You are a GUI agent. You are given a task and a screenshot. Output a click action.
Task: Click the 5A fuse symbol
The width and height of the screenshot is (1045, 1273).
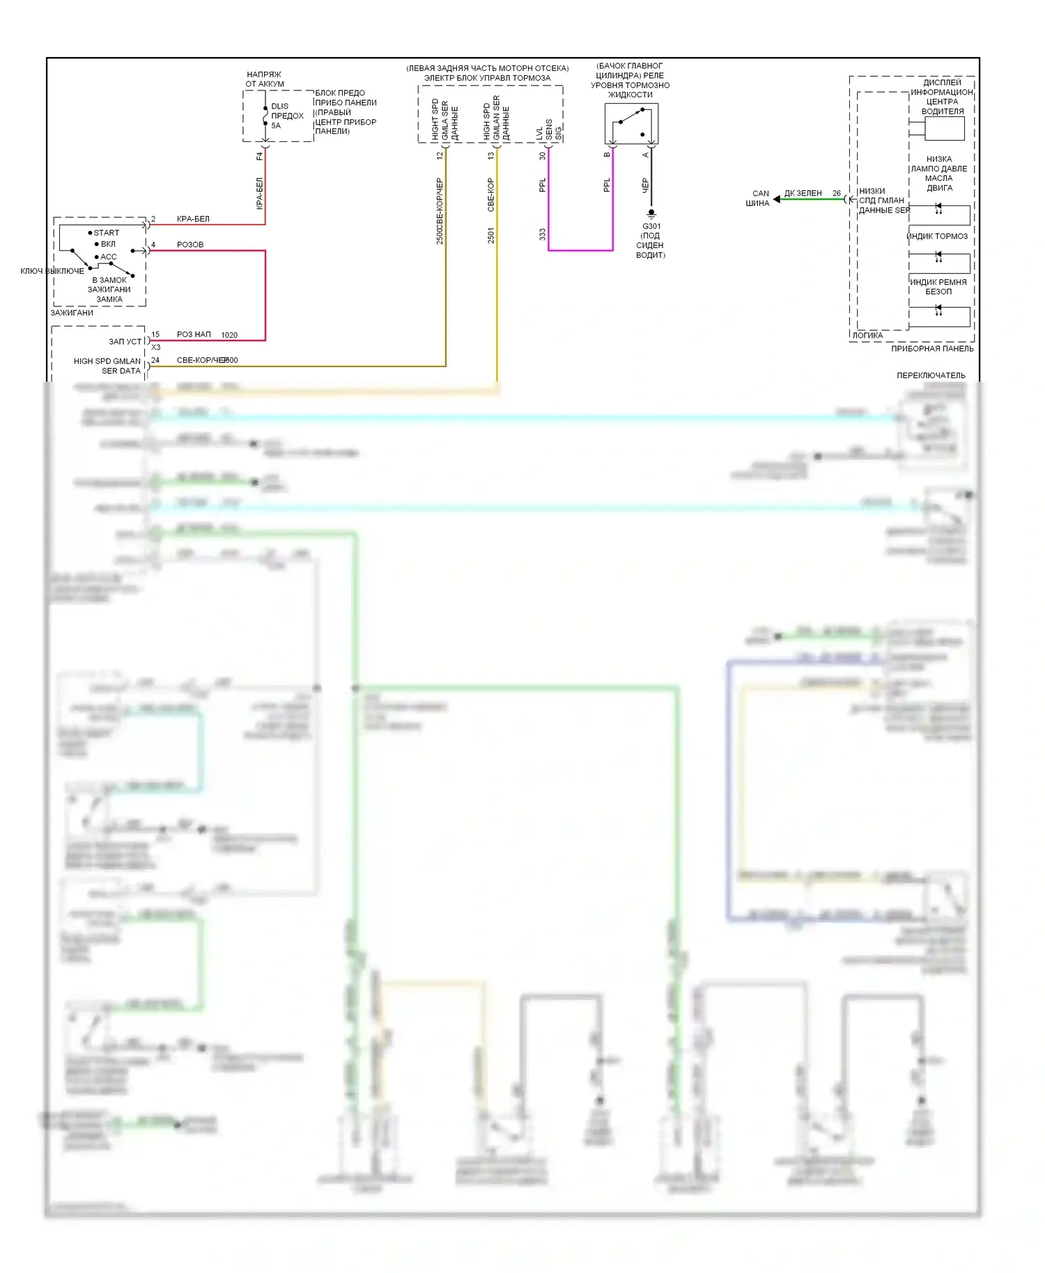click(265, 116)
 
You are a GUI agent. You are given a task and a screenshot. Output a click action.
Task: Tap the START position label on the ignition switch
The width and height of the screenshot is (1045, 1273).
click(106, 233)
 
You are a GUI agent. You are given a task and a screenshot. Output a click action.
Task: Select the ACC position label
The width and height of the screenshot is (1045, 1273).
click(109, 257)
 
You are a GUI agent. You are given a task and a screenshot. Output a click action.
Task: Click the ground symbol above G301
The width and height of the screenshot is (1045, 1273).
click(651, 213)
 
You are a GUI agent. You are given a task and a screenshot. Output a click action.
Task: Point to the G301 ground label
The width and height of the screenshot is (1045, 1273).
click(651, 226)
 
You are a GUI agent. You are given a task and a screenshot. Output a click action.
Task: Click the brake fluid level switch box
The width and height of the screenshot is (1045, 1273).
click(631, 124)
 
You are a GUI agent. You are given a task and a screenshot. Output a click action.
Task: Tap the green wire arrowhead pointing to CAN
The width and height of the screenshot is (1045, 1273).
click(777, 199)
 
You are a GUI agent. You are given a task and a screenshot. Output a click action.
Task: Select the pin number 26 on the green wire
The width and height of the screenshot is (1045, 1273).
click(836, 194)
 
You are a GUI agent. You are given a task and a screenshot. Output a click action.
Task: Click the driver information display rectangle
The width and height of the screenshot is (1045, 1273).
click(944, 128)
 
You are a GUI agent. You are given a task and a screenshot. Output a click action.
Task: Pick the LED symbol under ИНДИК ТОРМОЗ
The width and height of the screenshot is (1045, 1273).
click(938, 258)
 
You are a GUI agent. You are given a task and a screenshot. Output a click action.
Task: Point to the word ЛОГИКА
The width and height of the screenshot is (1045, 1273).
click(867, 335)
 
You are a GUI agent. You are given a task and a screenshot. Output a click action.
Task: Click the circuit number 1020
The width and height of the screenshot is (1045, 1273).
click(229, 335)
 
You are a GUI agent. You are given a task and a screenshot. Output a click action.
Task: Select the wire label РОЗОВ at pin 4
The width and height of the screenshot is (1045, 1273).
click(190, 244)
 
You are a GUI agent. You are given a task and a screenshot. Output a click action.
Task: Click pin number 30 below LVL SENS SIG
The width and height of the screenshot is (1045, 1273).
click(543, 156)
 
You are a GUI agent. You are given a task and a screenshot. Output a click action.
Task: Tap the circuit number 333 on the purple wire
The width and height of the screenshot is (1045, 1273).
click(543, 235)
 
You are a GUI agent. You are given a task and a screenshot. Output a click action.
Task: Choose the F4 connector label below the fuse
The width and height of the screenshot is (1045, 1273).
click(259, 156)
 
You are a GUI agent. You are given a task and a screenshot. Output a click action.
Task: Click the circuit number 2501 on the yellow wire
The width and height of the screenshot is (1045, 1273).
click(491, 235)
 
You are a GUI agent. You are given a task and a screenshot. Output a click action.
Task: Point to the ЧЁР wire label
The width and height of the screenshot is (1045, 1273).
click(645, 185)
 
